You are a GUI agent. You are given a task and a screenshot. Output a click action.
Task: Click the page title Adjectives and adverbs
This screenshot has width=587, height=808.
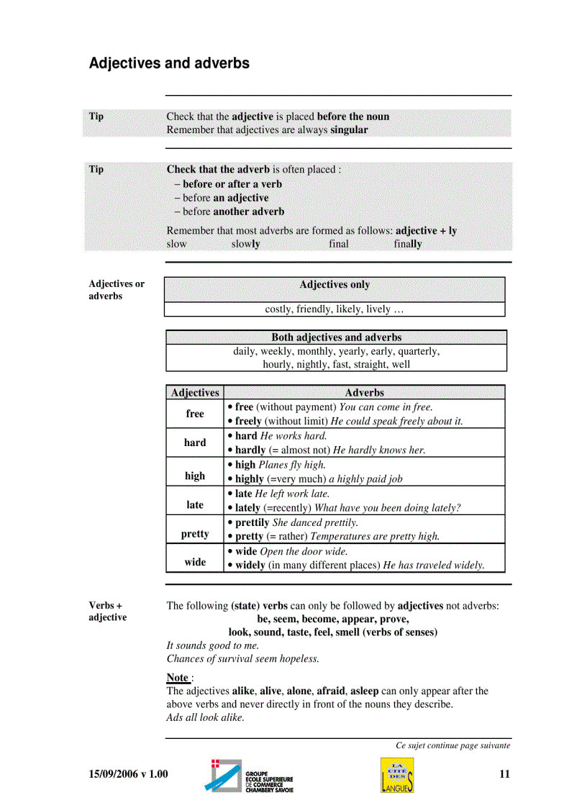point(169,63)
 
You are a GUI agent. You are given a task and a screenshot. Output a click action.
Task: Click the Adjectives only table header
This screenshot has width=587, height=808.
point(335,285)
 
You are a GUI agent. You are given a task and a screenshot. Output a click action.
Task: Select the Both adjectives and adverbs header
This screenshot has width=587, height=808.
point(336,337)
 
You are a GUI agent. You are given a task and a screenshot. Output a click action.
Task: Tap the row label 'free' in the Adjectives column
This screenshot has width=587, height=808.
point(195,414)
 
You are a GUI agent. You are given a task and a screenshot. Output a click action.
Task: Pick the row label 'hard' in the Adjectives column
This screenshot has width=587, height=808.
point(195,442)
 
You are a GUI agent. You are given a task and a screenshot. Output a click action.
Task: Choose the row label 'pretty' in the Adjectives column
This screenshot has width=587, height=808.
point(195,534)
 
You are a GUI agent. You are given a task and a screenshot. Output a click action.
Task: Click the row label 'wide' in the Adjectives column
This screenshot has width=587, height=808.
point(195,562)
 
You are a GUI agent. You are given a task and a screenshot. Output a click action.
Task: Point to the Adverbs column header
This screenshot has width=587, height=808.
point(364,393)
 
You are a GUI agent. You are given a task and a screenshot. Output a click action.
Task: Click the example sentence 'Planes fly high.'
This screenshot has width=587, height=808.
point(292,465)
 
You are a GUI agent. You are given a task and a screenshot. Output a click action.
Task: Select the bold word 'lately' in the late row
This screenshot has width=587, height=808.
point(249,508)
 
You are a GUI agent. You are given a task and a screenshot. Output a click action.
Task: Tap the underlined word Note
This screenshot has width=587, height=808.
point(178,677)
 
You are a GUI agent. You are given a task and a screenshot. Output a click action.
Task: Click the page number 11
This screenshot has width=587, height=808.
point(504,774)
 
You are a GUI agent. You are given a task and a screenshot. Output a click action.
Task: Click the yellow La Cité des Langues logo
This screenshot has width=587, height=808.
point(397,776)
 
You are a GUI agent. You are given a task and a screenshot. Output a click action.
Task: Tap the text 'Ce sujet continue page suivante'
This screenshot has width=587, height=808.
point(452,745)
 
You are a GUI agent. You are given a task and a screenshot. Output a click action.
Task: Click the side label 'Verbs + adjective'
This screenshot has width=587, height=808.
point(108,612)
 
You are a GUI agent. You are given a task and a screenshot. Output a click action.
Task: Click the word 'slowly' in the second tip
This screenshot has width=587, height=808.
point(245,244)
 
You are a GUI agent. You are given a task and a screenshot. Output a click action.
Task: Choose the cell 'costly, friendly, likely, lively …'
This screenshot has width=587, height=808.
point(335,309)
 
